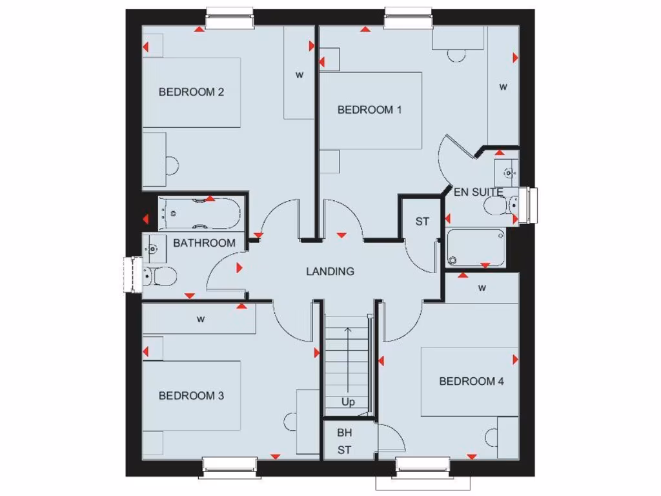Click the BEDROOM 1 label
[369, 110]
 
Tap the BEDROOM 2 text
[191, 92]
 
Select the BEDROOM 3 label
[191, 395]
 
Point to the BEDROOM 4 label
[471, 381]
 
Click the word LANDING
[330, 271]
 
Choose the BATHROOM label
[204, 243]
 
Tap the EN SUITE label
[478, 192]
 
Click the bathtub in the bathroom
[199, 213]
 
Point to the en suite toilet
[500, 205]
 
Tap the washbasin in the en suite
[507, 172]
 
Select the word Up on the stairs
[348, 402]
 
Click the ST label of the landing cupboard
[422, 222]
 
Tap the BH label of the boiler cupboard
[344, 433]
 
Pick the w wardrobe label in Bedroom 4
[482, 287]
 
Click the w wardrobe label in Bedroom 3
[201, 318]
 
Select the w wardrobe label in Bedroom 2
[300, 74]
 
